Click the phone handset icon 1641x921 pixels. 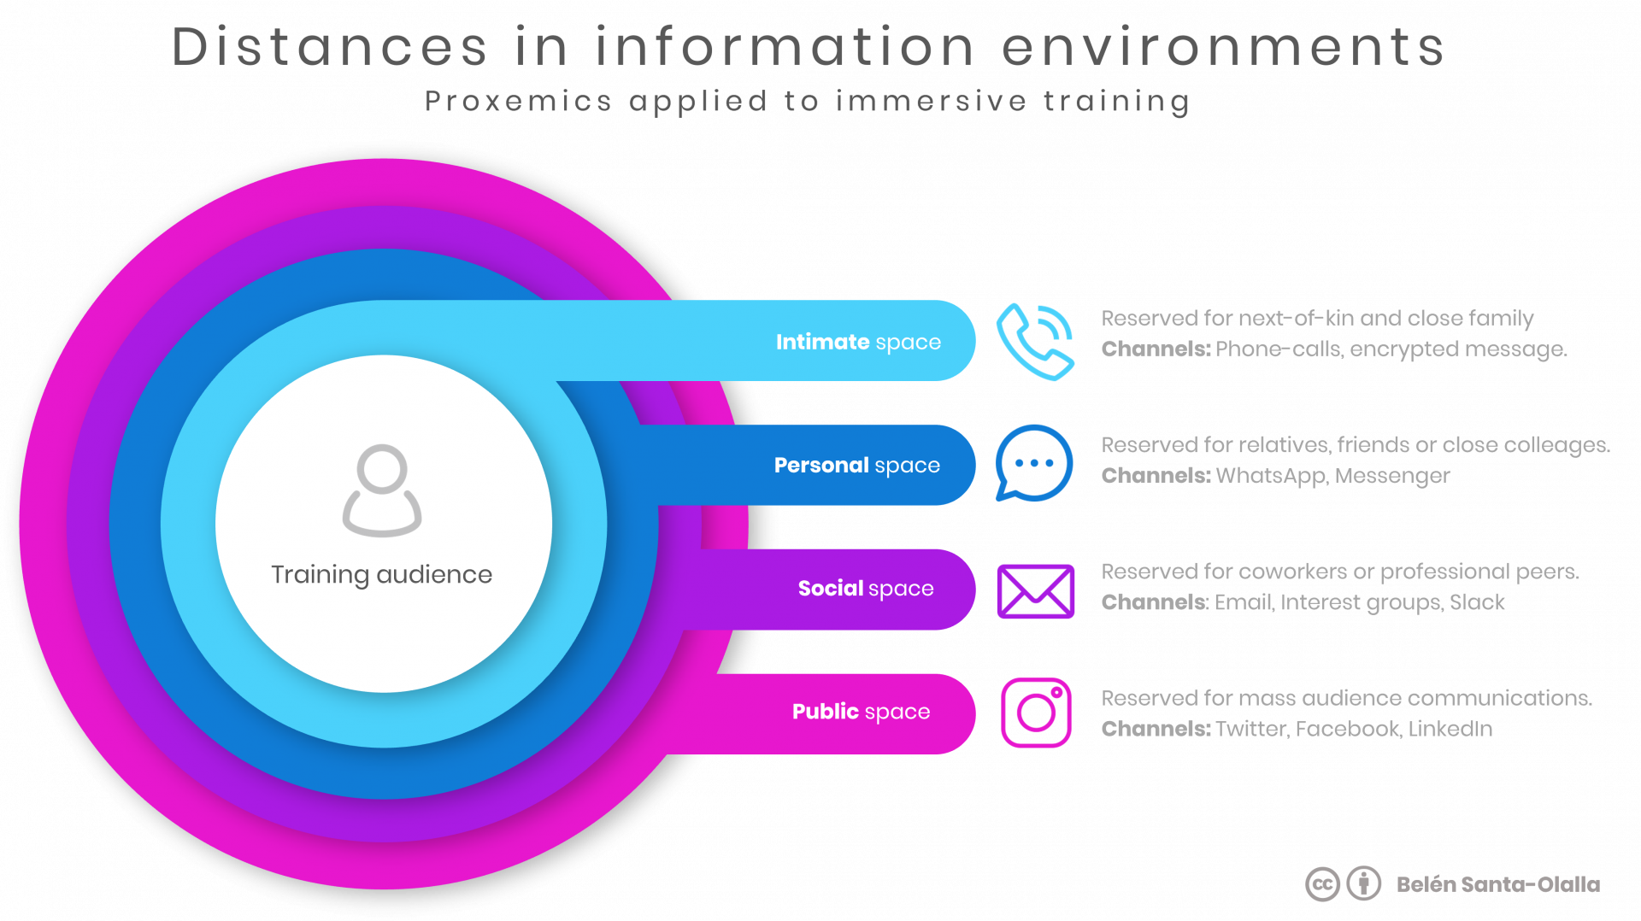tap(1033, 343)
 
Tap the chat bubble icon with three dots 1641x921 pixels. tap(1034, 463)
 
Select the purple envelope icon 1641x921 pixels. tap(1035, 591)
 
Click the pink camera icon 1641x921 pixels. tap(1036, 713)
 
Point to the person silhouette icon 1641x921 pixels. tap(382, 490)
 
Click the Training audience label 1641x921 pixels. tap(381, 574)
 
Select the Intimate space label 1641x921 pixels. tap(858, 342)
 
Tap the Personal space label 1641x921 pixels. tap(856, 465)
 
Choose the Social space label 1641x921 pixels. tap(865, 588)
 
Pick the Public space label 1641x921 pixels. tap(861, 711)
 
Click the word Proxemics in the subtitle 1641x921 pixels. tap(518, 101)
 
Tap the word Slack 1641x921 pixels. tap(1477, 602)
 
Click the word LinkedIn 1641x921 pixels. tap(1450, 729)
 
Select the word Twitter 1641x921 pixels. tap(1250, 729)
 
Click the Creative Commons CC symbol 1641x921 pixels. tap(1322, 884)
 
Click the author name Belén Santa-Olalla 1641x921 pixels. tap(1497, 884)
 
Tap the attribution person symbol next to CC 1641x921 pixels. tap(1364, 884)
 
